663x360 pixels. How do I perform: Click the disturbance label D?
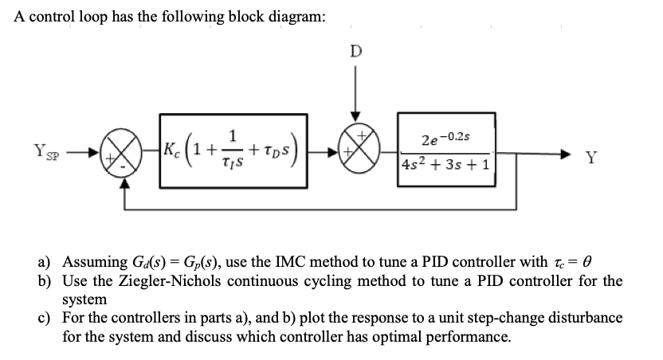(355, 53)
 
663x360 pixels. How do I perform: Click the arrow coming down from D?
(355, 96)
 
